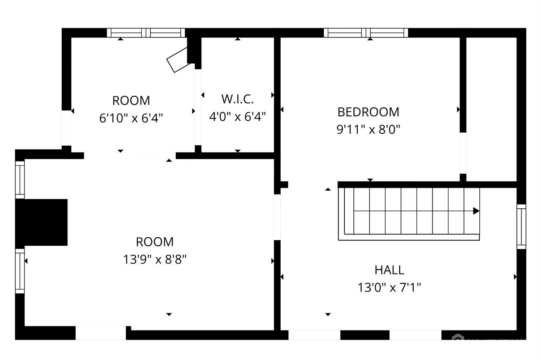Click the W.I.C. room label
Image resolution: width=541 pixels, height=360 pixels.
[x=237, y=99]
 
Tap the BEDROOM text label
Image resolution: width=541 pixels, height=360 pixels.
[x=368, y=112]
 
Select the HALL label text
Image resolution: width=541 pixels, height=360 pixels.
[x=389, y=270]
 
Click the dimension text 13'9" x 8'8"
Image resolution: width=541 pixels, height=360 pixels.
[x=155, y=259]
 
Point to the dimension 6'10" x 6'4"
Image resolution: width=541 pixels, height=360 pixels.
[x=131, y=118]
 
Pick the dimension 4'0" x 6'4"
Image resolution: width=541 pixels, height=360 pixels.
[x=237, y=116]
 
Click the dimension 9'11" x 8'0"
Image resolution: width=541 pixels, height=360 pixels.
[x=368, y=129]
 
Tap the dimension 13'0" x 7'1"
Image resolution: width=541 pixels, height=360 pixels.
[x=389, y=287]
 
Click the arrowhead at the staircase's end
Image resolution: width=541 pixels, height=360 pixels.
[x=476, y=211]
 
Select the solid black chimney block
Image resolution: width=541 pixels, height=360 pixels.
[x=42, y=222]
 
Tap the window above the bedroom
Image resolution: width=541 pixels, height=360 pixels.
[x=366, y=33]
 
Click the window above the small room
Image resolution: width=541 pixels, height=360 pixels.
[x=146, y=33]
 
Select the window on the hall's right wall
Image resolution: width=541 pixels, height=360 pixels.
[x=521, y=226]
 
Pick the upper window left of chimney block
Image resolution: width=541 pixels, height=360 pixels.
[x=20, y=179]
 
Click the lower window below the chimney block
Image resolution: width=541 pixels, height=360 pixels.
[x=20, y=271]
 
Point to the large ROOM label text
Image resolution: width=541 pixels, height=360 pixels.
[x=155, y=241]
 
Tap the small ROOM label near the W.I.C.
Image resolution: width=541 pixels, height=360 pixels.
[x=131, y=100]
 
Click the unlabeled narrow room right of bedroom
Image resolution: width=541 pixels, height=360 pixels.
[x=492, y=108]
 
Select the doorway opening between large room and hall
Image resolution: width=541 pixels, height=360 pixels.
[x=277, y=217]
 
